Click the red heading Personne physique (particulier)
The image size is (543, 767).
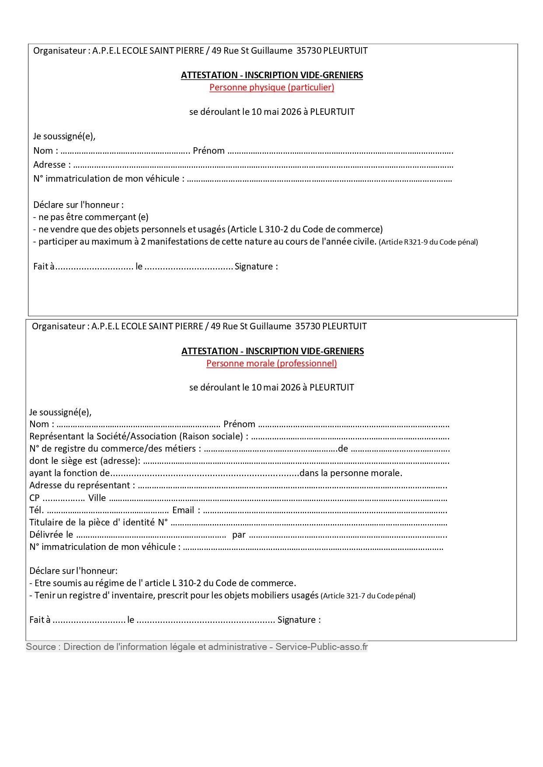click(271, 87)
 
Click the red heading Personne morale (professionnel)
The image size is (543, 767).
click(271, 363)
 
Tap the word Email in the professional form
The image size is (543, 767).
click(183, 510)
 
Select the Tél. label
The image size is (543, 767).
click(36, 510)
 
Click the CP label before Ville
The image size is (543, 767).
click(35, 498)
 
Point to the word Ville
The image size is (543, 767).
click(97, 498)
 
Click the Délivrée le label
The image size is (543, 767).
click(51, 535)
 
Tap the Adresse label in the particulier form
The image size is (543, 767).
click(49, 165)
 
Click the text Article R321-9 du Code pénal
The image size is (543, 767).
click(428, 242)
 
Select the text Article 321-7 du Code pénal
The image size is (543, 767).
click(368, 596)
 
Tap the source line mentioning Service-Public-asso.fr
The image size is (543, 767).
click(197, 647)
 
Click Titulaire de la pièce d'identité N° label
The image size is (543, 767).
click(98, 522)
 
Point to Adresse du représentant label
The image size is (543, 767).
click(82, 485)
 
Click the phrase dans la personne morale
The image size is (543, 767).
click(351, 473)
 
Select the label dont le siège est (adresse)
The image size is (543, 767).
click(85, 461)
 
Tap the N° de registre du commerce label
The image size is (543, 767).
click(115, 449)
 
